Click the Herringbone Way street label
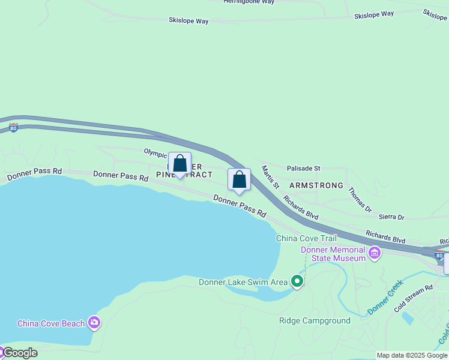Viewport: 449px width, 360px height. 249,2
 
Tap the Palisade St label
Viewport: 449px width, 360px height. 304,169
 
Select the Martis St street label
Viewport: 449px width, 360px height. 270,177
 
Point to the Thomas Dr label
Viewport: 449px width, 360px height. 360,199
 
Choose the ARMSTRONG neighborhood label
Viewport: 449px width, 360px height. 316,185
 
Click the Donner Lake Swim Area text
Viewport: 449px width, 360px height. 243,282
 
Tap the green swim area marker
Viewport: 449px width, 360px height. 297,281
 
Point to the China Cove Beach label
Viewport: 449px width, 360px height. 51,323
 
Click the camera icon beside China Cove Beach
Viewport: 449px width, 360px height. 94,323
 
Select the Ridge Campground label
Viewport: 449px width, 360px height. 315,320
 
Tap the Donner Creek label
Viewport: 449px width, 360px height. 385,298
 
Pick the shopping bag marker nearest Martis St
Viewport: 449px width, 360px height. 239,179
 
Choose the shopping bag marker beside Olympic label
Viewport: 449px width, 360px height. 179,164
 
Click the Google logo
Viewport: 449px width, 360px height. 19,353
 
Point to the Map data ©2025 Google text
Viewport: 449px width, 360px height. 412,355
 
